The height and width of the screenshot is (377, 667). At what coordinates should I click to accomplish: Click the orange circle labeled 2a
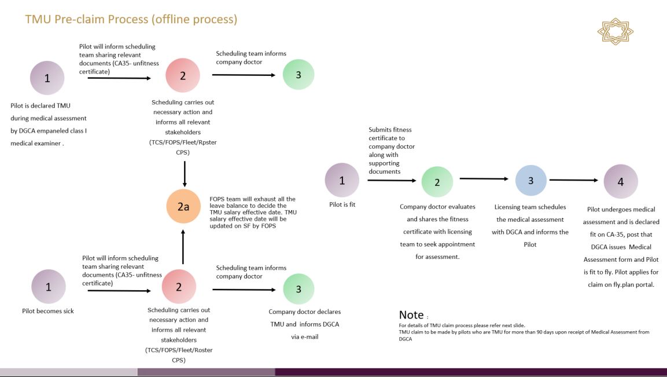183,206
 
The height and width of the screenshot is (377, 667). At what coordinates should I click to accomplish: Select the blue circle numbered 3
530,180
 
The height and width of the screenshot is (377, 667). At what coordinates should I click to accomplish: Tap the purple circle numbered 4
621,181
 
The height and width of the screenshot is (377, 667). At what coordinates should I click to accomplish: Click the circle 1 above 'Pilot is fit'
342,180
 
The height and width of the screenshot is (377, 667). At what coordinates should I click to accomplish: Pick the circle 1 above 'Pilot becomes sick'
48,286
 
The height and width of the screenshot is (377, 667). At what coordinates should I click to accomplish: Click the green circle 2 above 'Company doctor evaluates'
437,182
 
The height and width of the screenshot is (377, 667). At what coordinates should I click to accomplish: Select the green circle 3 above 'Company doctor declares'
299,289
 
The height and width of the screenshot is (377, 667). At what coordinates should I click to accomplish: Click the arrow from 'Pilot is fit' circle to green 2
392,181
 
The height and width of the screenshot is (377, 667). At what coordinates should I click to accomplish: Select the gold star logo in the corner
615,31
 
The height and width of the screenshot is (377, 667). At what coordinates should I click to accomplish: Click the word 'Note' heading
411,315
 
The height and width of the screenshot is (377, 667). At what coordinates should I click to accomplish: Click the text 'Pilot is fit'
342,204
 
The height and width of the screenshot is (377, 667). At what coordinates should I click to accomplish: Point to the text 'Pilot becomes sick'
48,311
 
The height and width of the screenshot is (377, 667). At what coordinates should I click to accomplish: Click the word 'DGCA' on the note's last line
405,339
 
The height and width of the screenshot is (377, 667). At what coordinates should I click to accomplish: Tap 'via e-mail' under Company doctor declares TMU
304,336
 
